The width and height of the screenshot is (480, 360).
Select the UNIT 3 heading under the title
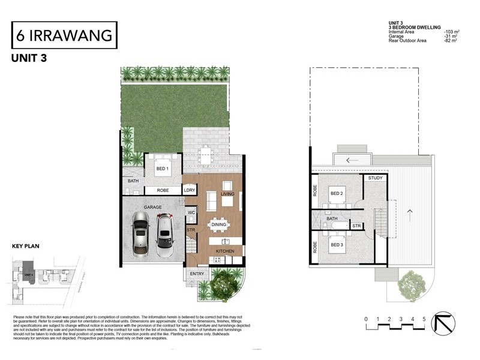click(x=29, y=58)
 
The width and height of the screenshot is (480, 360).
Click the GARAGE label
click(x=152, y=207)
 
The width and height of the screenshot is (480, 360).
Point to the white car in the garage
click(x=165, y=233)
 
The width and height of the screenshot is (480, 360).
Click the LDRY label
click(x=190, y=190)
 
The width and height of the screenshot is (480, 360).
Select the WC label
click(x=191, y=212)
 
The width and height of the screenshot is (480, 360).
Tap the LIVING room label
click(x=227, y=194)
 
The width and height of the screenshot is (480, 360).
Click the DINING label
click(x=218, y=224)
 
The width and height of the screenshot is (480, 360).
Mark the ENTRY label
click(x=197, y=274)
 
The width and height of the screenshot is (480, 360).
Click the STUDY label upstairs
click(x=376, y=178)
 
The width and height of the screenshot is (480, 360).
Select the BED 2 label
click(x=337, y=193)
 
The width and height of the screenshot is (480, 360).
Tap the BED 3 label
click(x=337, y=245)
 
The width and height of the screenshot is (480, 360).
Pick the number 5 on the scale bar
click(x=424, y=319)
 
